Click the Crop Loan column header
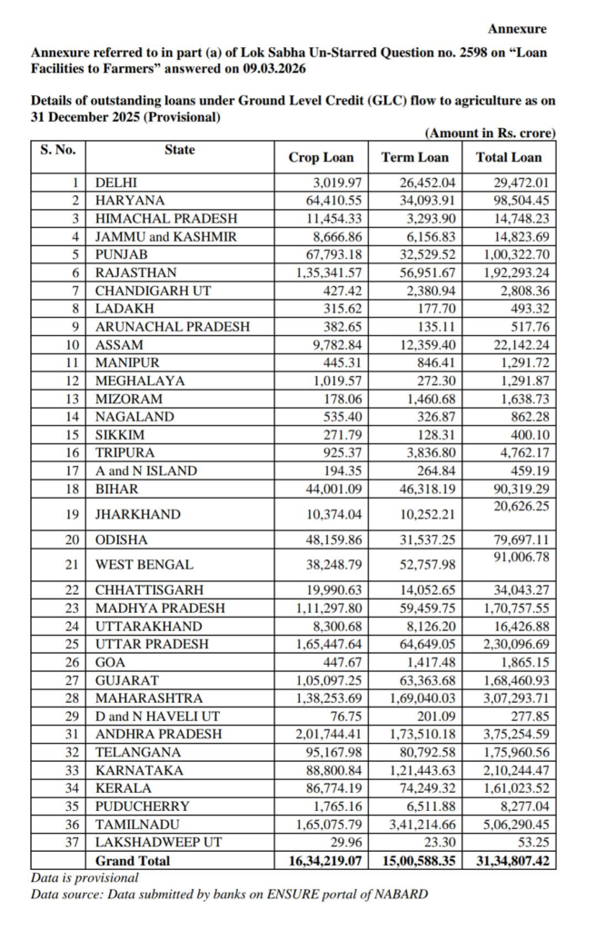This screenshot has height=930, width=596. [x=321, y=157]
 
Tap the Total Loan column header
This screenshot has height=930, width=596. [x=509, y=157]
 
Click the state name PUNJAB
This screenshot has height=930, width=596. [x=122, y=255]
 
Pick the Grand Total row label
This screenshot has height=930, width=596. [x=133, y=860]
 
